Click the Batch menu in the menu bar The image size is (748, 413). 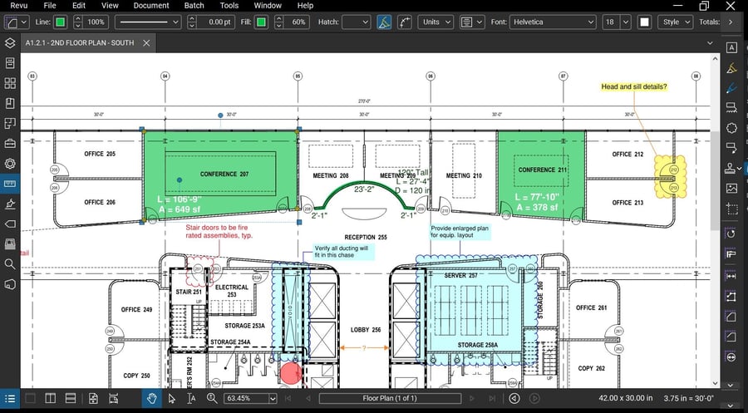[x=194, y=6]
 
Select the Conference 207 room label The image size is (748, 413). [x=224, y=175]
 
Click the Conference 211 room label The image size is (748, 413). [x=542, y=170]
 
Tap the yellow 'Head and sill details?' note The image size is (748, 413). [x=634, y=86]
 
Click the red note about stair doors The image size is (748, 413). [x=219, y=231]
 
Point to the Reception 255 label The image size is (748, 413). [x=367, y=237]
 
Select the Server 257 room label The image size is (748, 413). [x=460, y=275]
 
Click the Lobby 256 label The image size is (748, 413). [x=365, y=330]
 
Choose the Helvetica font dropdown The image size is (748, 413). [x=553, y=22]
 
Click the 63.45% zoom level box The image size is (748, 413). [x=249, y=399]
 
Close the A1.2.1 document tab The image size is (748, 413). [x=146, y=42]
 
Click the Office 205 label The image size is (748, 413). [x=100, y=155]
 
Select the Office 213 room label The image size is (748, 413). [x=627, y=203]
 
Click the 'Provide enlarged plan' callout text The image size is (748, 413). [x=459, y=231]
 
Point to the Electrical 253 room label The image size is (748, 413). [x=232, y=291]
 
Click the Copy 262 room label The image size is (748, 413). [x=592, y=368]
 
